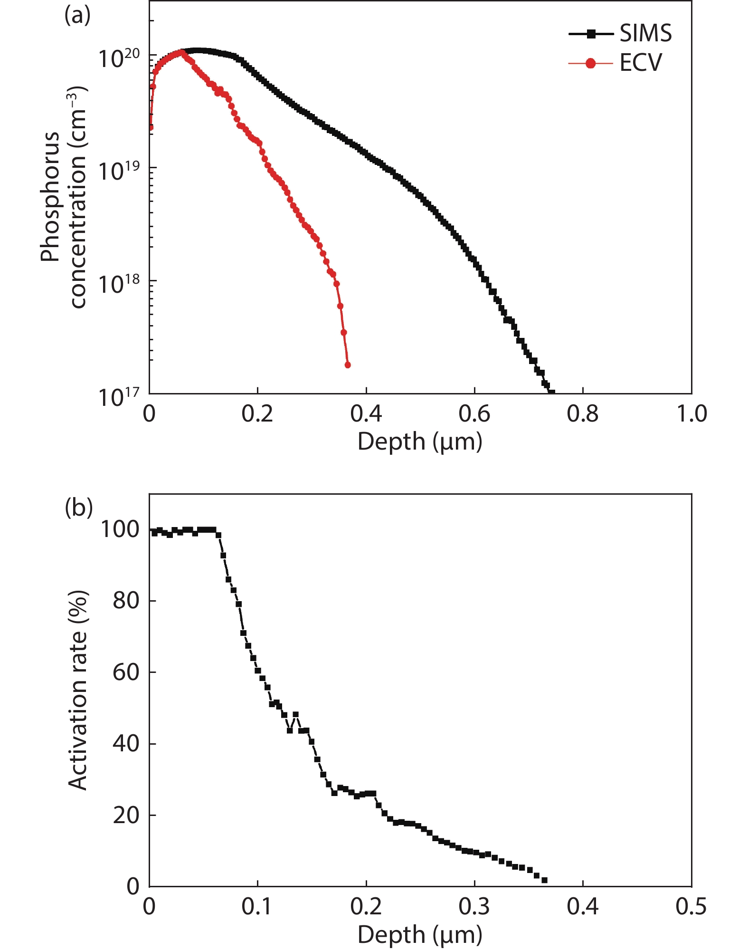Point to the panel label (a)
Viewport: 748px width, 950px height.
pos(77,16)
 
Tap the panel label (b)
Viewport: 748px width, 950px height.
pos(78,508)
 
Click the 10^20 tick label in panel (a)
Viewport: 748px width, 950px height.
pos(119,58)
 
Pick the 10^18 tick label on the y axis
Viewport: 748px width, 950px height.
pos(119,283)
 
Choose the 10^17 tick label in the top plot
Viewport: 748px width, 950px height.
pos(119,396)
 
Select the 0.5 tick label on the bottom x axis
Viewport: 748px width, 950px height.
pos(691,907)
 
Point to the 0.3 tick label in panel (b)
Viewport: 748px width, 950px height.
pos(474,907)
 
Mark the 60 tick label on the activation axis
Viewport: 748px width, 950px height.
pos(126,672)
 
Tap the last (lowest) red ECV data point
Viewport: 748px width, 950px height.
pos(348,365)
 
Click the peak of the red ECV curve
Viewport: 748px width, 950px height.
pos(180,52)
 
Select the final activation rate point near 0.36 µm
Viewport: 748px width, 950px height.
pos(544,880)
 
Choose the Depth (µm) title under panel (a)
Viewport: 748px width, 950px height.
pos(420,442)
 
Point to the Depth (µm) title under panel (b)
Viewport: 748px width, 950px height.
pos(420,935)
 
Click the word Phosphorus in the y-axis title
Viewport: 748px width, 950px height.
pos(50,197)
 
